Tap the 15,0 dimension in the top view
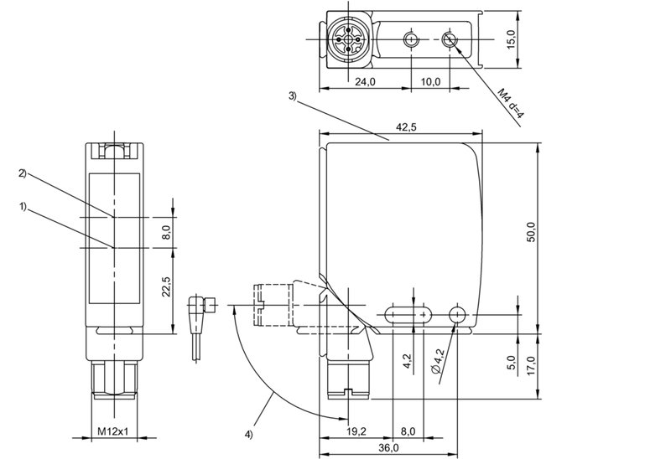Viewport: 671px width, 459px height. click(x=512, y=38)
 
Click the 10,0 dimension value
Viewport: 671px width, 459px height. click(x=429, y=81)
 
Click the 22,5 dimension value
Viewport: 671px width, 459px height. click(x=166, y=287)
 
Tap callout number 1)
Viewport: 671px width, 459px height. click(x=23, y=204)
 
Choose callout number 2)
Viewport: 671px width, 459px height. click(x=23, y=173)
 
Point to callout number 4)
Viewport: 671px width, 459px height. click(x=248, y=434)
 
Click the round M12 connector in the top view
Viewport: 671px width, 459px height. click(x=345, y=38)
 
